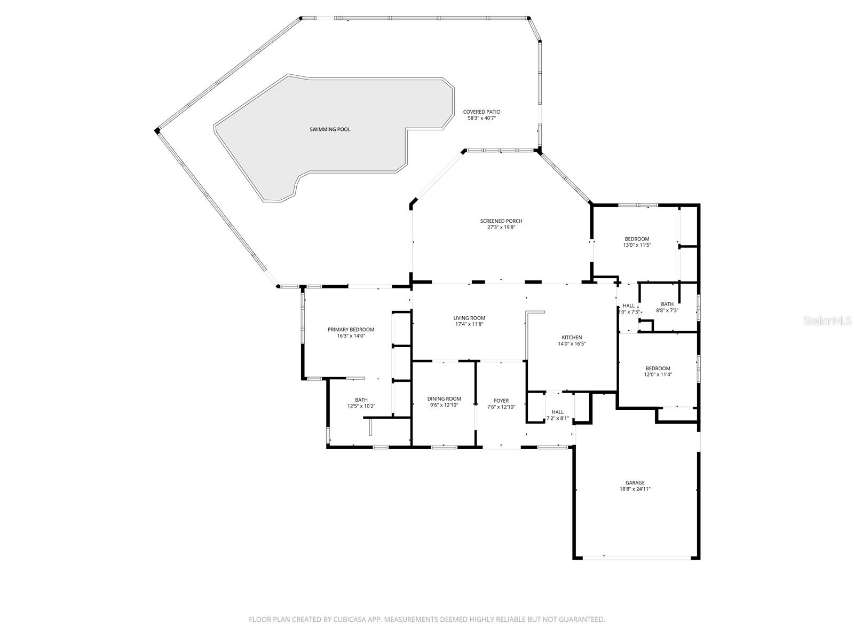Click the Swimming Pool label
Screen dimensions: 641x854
330,129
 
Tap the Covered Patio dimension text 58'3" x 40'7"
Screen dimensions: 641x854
481,118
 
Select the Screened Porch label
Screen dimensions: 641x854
501,221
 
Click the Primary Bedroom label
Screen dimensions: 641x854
351,330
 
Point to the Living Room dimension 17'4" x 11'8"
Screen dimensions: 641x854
469,324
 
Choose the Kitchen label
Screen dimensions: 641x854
571,337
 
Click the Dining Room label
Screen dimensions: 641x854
444,398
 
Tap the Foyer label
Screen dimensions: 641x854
501,401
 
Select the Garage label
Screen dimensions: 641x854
635,482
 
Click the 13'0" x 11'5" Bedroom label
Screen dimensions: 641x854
637,239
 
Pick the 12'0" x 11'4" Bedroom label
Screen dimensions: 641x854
658,368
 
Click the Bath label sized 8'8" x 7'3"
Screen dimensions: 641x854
667,304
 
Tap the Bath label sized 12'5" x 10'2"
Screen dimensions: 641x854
361,400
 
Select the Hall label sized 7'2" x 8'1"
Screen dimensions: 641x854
557,412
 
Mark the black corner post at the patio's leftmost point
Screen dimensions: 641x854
157,130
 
